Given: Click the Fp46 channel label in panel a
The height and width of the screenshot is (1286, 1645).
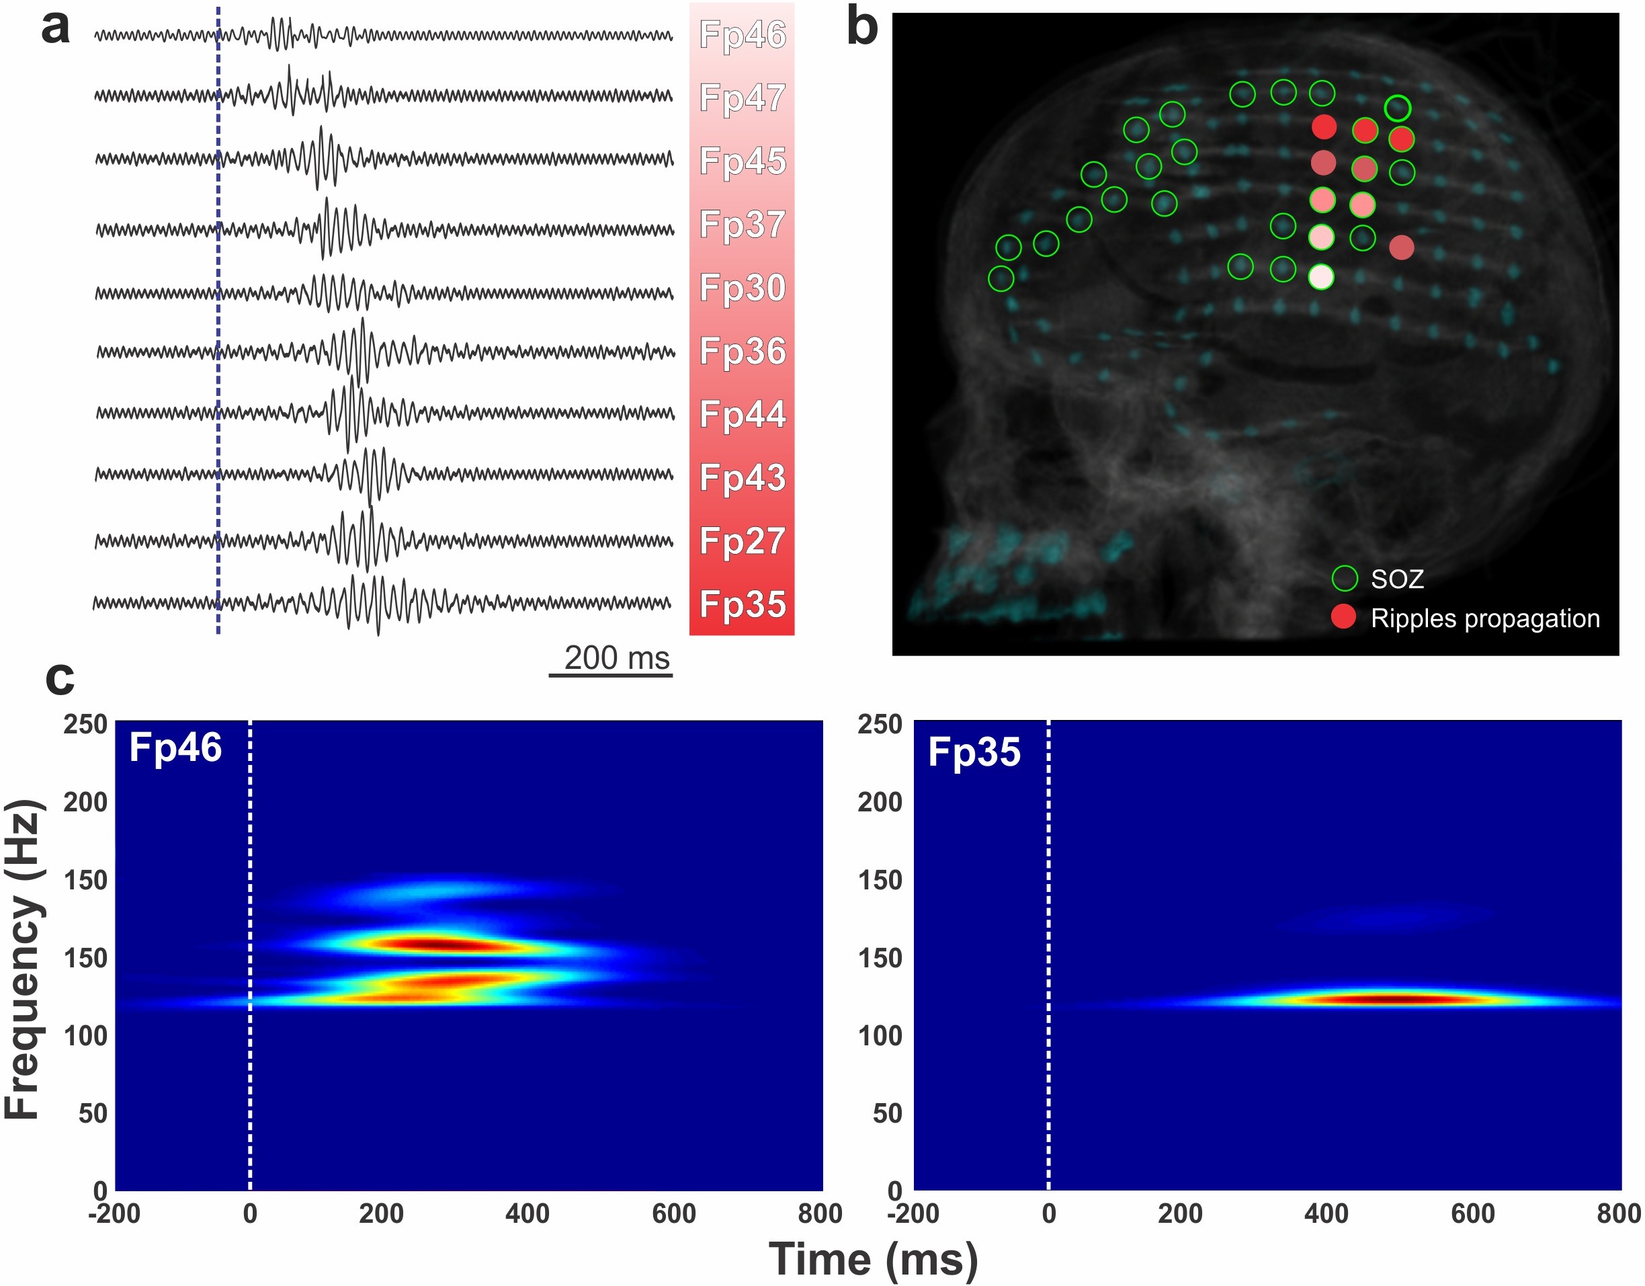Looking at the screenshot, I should (x=742, y=35).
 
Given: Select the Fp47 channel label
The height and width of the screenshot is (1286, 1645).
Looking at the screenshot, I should (x=742, y=98).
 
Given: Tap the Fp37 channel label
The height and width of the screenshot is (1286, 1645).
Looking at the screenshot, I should (x=742, y=225).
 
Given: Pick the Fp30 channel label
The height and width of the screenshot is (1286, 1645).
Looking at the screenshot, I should (x=742, y=288).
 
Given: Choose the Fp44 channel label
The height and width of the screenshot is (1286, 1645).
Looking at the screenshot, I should (x=742, y=414).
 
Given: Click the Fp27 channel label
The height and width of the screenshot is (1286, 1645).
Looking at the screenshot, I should (x=742, y=541).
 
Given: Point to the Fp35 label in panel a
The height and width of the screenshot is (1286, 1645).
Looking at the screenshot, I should (x=742, y=604).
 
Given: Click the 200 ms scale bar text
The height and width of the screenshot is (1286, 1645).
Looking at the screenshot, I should (x=616, y=657).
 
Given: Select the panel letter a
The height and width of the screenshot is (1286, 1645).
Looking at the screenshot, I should (x=55, y=27).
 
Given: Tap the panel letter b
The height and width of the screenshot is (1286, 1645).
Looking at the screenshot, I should (x=861, y=27).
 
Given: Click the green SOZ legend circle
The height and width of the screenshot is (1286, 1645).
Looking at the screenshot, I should (x=1345, y=579).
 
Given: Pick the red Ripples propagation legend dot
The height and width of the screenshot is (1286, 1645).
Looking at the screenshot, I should (x=1343, y=617).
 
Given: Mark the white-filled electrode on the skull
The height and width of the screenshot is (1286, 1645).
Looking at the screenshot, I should (x=1321, y=276).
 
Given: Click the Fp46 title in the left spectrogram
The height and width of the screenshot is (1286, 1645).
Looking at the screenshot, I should (x=175, y=748).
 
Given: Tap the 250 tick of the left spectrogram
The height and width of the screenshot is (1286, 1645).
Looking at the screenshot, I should (x=85, y=724).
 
